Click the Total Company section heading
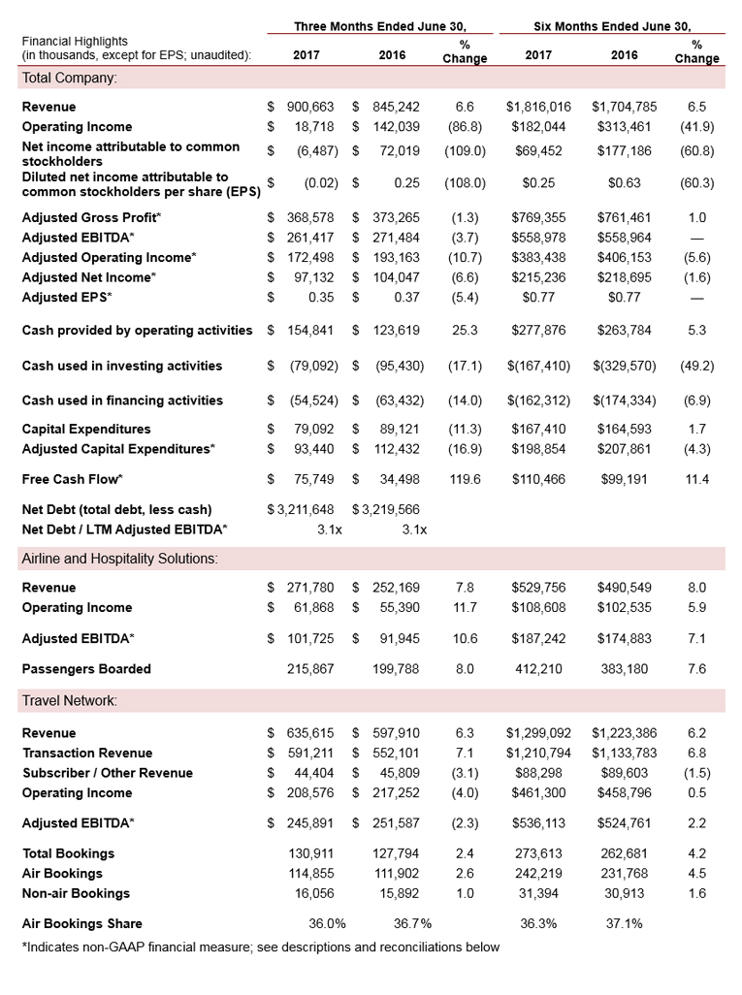click(x=69, y=78)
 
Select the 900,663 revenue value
click(x=310, y=107)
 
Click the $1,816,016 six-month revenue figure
click(x=538, y=107)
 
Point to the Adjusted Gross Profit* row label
click(x=92, y=218)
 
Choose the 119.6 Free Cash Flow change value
click(x=465, y=479)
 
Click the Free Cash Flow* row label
click(x=73, y=479)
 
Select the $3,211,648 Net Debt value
click(x=301, y=509)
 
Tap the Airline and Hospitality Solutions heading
click(x=119, y=559)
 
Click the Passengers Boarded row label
click(x=86, y=669)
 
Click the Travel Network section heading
click(x=69, y=700)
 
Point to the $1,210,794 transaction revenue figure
click(x=538, y=754)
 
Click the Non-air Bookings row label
click(x=76, y=893)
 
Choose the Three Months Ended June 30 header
click(x=379, y=26)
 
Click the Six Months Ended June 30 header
click(x=613, y=26)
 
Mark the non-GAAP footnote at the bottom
click(x=260, y=947)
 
